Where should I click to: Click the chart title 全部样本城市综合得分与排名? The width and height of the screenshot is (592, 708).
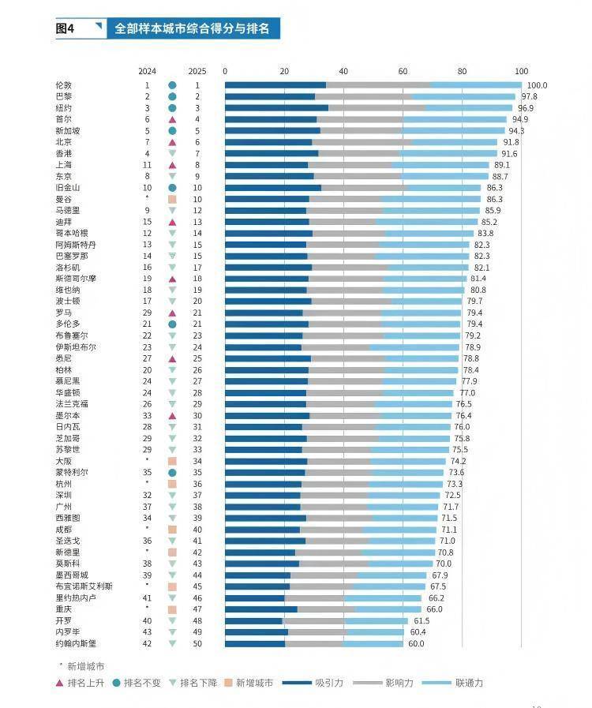tap(192, 28)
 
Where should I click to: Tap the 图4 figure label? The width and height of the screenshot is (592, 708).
tap(65, 28)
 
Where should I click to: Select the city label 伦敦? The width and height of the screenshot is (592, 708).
tap(63, 85)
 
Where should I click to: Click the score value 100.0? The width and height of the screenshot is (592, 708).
tap(537, 85)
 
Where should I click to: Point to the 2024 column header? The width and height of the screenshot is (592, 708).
tap(147, 70)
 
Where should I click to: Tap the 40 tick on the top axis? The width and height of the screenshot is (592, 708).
tap(343, 70)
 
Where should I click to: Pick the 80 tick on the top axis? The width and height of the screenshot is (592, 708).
tap(462, 70)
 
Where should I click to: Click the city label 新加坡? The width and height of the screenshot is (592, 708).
tap(67, 131)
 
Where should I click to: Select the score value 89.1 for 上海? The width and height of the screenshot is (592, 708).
tap(502, 165)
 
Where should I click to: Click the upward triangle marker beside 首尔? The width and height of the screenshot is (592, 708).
tap(172, 119)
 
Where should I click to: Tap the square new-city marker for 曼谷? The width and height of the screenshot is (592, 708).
tap(172, 200)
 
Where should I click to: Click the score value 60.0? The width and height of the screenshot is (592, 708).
tap(416, 644)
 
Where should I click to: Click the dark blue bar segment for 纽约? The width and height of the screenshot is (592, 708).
tap(276, 108)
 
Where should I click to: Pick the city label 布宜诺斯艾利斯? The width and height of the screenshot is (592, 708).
tap(84, 586)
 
